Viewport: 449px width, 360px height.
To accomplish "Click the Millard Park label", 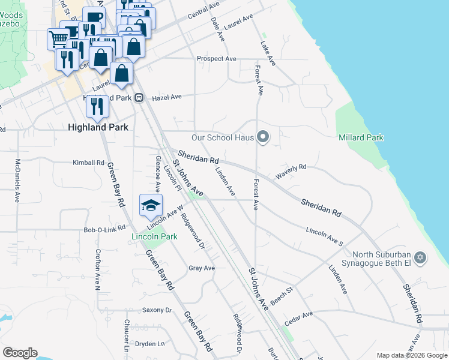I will point(361,137).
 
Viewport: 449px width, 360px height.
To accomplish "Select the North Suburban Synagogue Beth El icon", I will point(421,258).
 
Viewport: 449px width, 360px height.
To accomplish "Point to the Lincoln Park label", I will point(154,236).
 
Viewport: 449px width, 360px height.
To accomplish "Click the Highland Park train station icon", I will point(139,97).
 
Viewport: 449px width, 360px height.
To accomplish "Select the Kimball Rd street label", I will point(88,163).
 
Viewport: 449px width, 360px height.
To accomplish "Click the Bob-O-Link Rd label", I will point(104,229).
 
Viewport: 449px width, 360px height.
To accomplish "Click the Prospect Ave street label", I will point(217,59).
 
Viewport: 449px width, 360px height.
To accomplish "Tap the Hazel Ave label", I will point(166,97).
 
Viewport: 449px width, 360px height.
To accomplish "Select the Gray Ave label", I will point(201,268).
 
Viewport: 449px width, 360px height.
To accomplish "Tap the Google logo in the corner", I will point(19,353).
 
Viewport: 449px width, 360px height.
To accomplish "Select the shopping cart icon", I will point(58,38).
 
